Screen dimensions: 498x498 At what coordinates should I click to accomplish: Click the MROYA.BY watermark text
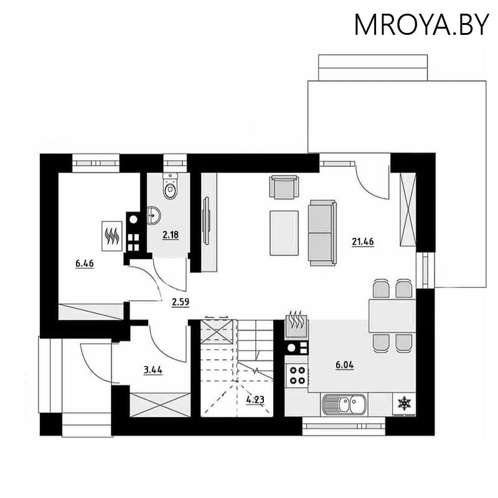421,24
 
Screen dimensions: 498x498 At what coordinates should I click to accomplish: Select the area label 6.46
85,264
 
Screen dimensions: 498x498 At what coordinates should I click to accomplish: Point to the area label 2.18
170,235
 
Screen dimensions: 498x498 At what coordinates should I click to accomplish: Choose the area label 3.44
153,370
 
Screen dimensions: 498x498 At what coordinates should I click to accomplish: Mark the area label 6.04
344,365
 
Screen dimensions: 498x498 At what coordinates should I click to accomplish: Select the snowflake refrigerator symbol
405,403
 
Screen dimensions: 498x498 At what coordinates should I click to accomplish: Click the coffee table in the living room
284,233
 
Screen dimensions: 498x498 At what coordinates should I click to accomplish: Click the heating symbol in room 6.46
112,235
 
